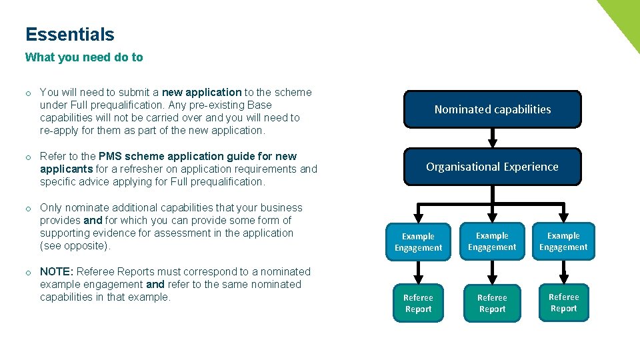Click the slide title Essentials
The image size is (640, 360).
tap(70, 35)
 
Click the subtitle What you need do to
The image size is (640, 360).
tap(84, 57)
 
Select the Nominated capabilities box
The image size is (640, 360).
tap(493, 109)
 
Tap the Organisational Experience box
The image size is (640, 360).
tap(493, 167)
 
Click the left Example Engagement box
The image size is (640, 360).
tap(418, 242)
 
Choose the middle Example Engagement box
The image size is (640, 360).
tap(492, 241)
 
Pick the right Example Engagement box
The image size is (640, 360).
tap(563, 241)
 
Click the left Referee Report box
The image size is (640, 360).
tap(418, 303)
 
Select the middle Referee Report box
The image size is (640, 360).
tap(492, 303)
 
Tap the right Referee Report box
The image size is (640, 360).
tap(563, 303)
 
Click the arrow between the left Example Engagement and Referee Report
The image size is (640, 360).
tap(418, 273)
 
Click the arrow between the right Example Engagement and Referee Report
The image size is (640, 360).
tap(564, 272)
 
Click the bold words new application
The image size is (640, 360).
tap(201, 92)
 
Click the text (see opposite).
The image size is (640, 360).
tap(75, 245)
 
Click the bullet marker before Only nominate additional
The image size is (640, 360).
tap(29, 208)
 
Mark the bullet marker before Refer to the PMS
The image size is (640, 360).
tap(29, 157)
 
